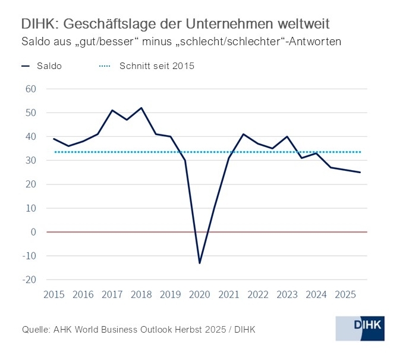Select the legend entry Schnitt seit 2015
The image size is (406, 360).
tap(144, 66)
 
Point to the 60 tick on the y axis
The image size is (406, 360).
tap(30, 89)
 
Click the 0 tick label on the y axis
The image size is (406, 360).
tap(34, 232)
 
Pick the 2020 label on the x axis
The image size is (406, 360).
tap(199, 294)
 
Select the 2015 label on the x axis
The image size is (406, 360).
tap(54, 294)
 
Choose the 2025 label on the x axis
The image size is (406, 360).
tap(345, 294)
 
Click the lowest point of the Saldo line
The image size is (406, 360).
tap(199, 263)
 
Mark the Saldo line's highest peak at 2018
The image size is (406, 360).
tap(141, 108)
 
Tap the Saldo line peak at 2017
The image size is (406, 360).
tap(112, 110)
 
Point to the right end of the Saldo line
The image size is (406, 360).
tap(360, 173)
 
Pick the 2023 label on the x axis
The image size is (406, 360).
tap(287, 294)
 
